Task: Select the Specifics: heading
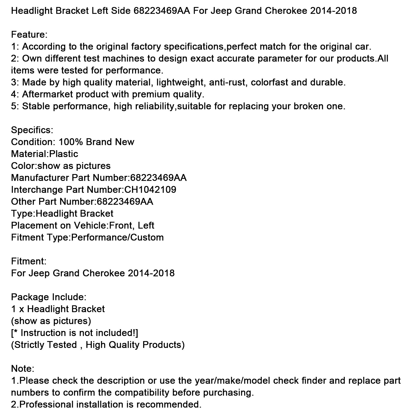pyautogui.click(x=32, y=130)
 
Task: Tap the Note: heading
pyautogui.click(x=23, y=369)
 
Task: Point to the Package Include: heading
pyautogui.click(x=49, y=297)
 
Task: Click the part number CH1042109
pyautogui.click(x=150, y=190)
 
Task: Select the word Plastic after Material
pyautogui.click(x=64, y=154)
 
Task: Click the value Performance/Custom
pyautogui.click(x=117, y=237)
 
